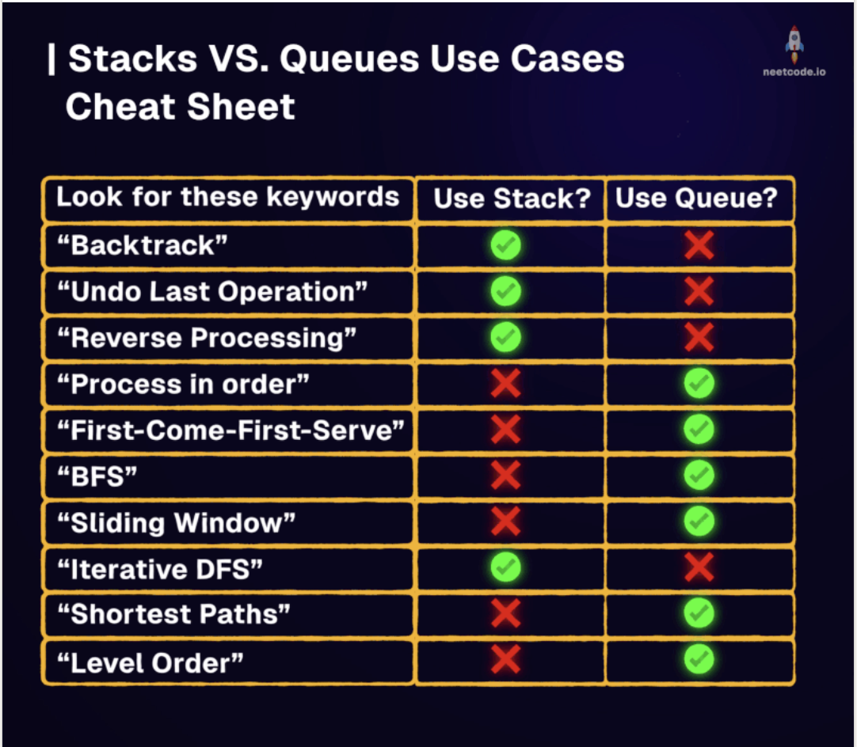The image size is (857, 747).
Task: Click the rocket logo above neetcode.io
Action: tap(794, 45)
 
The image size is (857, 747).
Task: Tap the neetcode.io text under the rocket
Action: tap(794, 71)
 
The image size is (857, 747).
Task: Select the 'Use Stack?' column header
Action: tap(512, 198)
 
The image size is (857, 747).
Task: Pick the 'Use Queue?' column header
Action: tap(696, 198)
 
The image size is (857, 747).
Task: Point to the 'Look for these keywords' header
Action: tap(228, 196)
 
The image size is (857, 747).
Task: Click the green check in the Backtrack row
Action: tap(505, 245)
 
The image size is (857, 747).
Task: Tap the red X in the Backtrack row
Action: tap(699, 245)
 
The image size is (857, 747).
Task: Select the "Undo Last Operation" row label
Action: tap(212, 291)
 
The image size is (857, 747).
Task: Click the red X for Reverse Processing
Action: tap(699, 337)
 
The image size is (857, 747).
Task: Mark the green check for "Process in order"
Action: tap(699, 383)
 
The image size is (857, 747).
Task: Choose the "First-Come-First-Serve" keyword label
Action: tap(231, 430)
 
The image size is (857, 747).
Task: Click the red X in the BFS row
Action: tap(505, 475)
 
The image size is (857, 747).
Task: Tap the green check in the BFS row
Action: tap(699, 475)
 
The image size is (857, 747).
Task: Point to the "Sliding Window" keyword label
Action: tap(177, 523)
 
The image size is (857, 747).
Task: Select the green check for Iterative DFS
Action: tap(505, 567)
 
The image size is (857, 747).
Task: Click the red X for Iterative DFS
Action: tap(699, 567)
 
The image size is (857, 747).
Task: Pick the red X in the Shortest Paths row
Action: tap(505, 613)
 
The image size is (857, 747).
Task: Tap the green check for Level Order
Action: tap(699, 660)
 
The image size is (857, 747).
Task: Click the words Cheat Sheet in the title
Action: tap(181, 107)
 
